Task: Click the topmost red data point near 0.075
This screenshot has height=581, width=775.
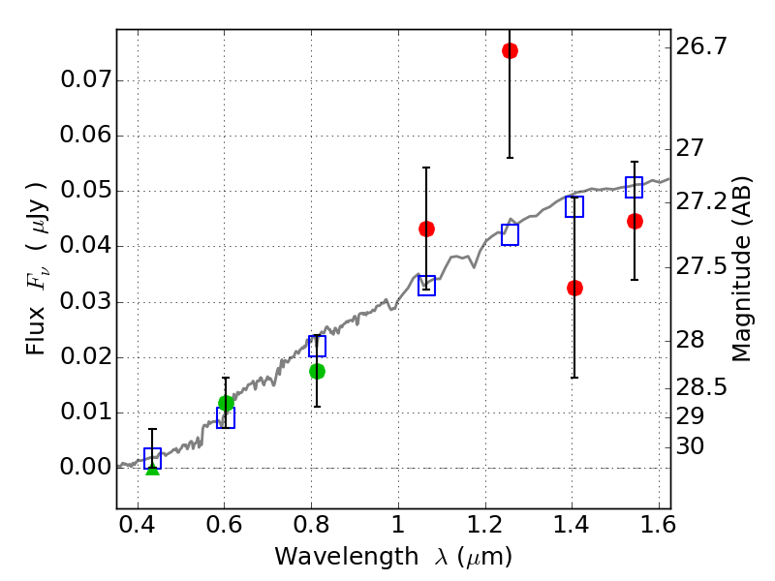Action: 510,51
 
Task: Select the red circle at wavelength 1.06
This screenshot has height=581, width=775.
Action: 426,229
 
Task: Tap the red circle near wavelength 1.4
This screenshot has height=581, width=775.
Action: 574,288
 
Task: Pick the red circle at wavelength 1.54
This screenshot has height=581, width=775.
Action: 635,222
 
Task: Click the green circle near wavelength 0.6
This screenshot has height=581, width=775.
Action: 226,403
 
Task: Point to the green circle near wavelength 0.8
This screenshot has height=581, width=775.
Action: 317,372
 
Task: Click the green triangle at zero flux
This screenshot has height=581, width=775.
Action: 153,470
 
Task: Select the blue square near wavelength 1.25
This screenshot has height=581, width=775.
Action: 510,234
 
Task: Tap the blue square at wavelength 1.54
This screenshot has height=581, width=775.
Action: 635,187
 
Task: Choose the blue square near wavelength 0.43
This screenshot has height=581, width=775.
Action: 152,458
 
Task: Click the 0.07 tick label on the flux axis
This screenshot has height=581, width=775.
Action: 85,79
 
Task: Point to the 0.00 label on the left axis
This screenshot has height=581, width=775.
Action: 85,467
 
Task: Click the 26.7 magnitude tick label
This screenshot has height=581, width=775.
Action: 701,46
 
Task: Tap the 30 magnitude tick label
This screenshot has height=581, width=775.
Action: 690,446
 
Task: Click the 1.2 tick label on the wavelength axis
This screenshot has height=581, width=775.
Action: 485,524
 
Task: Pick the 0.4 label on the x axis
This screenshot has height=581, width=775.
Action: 138,524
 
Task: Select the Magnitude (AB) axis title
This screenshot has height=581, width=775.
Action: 740,269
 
